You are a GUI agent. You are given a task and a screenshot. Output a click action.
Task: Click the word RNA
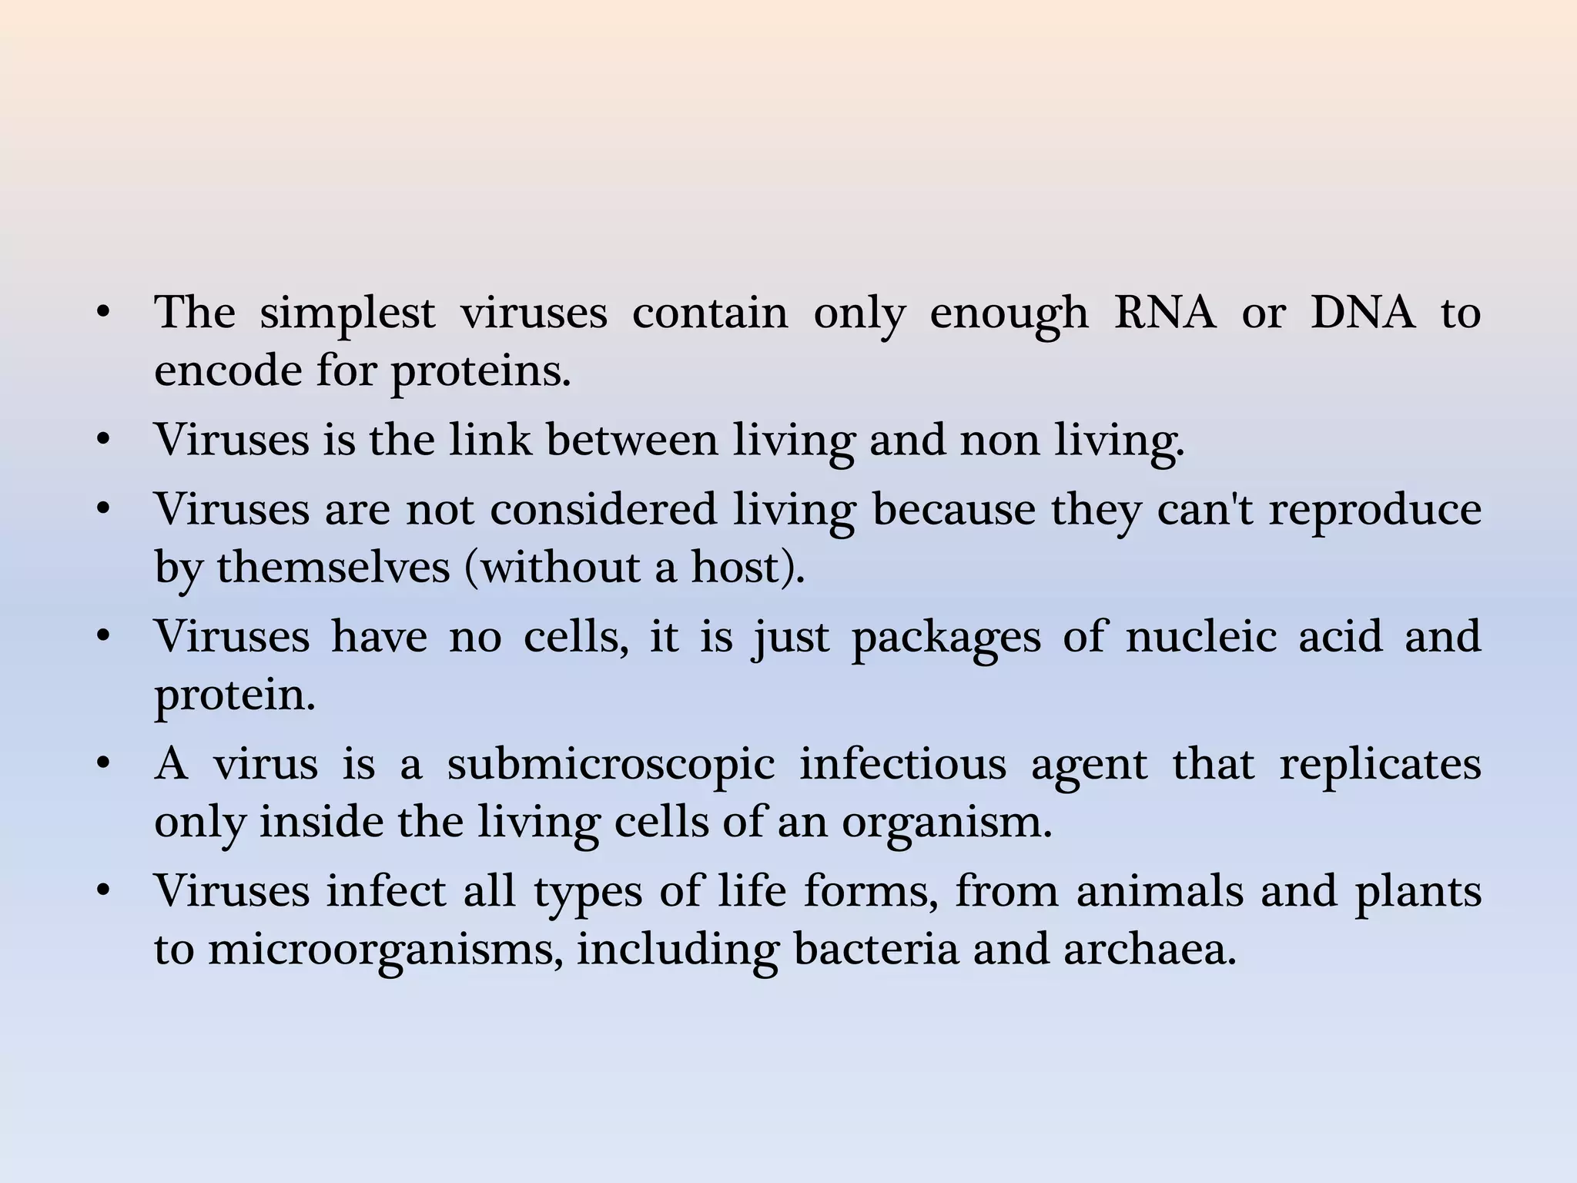click(x=1164, y=313)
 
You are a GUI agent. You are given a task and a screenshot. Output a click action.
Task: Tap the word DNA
click(x=1363, y=313)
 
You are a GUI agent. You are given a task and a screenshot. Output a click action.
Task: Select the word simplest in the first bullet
click(x=347, y=314)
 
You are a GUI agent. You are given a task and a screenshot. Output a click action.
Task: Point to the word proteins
click(x=480, y=373)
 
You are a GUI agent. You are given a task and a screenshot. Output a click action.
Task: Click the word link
click(x=491, y=440)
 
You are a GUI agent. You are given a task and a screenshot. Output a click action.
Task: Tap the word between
click(x=632, y=440)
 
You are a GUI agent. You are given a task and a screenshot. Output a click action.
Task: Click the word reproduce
click(x=1375, y=511)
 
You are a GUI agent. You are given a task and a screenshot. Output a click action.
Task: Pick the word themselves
click(x=333, y=568)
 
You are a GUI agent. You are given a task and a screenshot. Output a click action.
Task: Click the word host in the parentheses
click(x=742, y=568)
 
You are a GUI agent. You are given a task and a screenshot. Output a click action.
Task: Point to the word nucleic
click(x=1200, y=637)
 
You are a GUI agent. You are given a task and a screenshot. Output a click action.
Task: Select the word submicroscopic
click(x=611, y=766)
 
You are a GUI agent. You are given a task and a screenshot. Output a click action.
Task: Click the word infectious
click(x=902, y=764)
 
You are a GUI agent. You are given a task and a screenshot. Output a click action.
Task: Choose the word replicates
click(x=1380, y=766)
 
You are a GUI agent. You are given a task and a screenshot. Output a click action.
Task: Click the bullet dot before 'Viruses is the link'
click(x=104, y=441)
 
